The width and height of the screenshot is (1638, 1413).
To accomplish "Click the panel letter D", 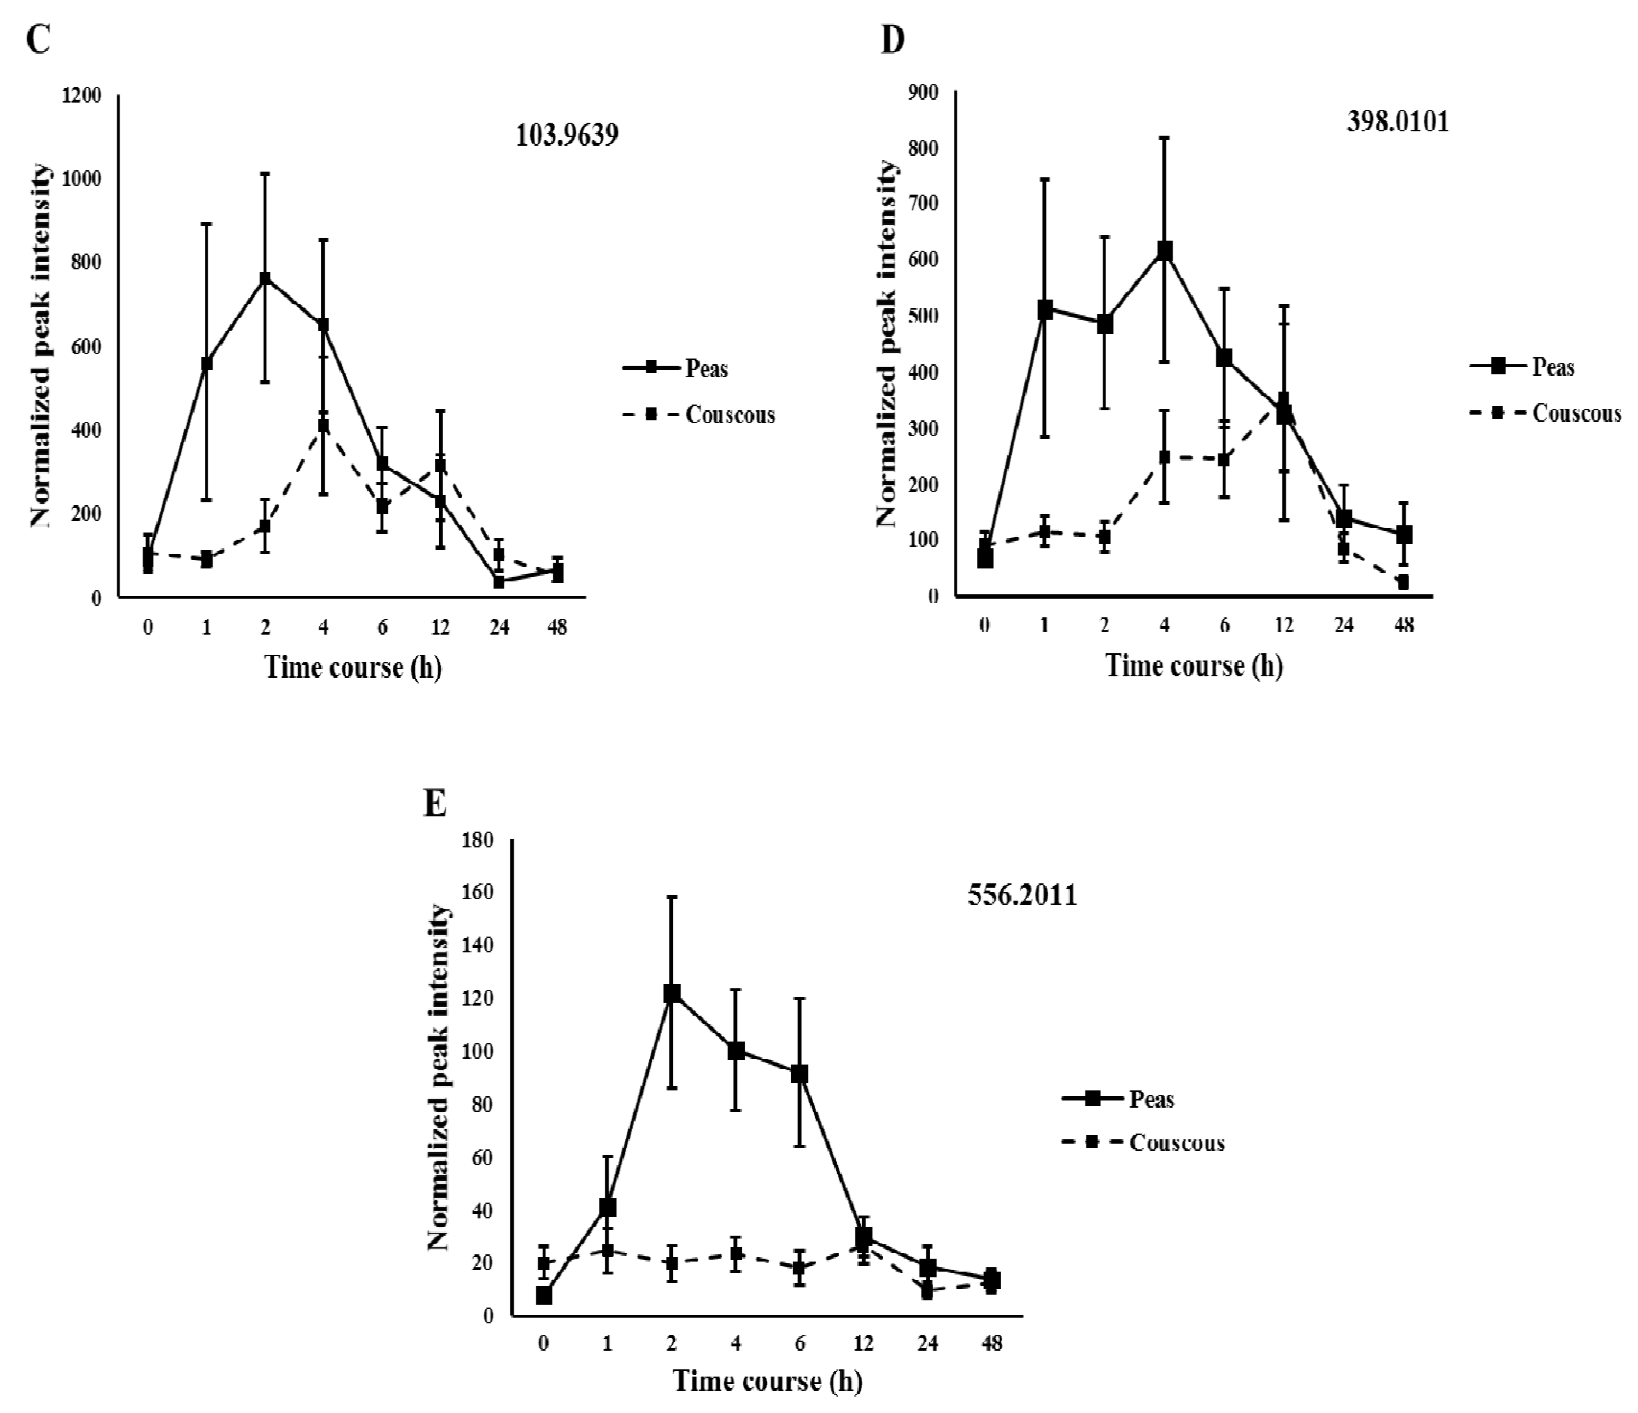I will pos(892,39).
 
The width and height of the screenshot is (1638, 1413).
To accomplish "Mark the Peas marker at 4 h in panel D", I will pos(1164,251).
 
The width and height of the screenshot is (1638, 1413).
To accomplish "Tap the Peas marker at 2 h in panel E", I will pos(672,994).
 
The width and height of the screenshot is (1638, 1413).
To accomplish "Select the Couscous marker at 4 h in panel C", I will pos(323,425).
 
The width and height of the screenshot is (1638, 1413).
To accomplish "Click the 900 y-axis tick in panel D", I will pos(924,93).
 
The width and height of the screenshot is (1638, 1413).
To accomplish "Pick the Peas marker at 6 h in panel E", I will pos(799,1074).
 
